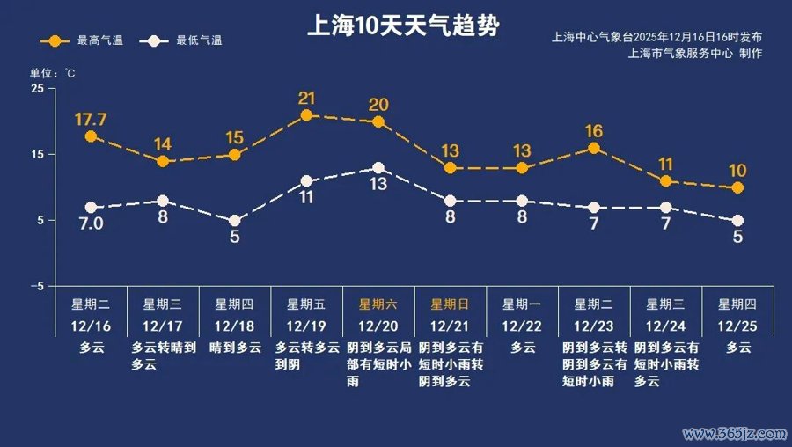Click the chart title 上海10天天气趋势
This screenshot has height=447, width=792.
coord(403,24)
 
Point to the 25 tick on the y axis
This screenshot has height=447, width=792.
coord(36,89)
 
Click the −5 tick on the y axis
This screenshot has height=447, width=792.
coord(36,287)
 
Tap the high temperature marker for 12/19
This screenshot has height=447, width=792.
coord(306,115)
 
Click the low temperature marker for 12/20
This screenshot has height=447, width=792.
coord(378,168)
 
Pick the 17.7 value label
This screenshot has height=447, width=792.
coord(91,118)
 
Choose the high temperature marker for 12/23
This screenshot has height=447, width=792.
coord(594,149)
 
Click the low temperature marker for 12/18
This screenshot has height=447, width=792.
coord(234,221)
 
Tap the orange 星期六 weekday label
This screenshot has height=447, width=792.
coord(378,304)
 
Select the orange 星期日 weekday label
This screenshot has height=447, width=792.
coord(451,304)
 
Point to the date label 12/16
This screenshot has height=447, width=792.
coord(91,326)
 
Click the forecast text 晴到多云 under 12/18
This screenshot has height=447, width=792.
coord(234,348)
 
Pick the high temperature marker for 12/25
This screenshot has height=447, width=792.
coord(737,188)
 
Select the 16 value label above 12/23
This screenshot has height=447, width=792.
coord(594,132)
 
